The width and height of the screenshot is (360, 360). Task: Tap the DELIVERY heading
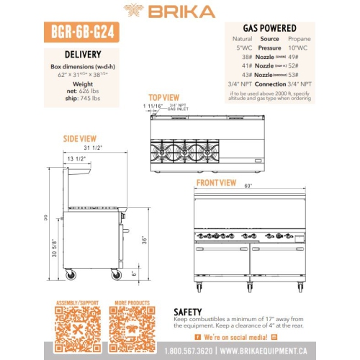[83, 54]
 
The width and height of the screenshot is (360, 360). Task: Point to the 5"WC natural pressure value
[243, 48]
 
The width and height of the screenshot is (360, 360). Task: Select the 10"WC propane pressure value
[297, 48]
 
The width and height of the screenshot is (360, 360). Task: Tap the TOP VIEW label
[165, 97]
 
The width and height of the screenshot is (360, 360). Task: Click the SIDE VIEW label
[79, 138]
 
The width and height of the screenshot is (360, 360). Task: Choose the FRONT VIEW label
[216, 183]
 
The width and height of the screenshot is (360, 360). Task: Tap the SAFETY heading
[192, 312]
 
